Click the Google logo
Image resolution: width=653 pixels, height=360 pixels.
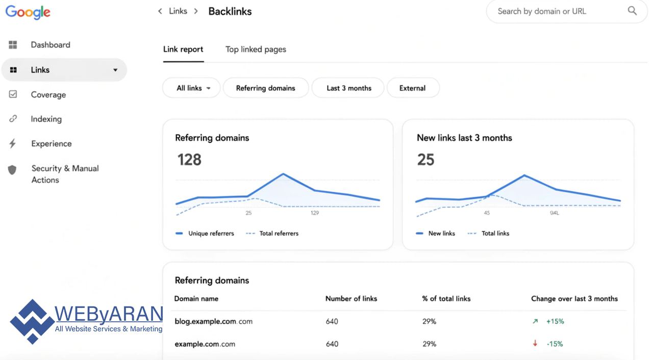pos(28,12)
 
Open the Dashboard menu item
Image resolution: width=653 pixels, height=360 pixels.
pos(51,45)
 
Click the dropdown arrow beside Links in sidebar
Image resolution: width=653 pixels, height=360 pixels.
pos(115,70)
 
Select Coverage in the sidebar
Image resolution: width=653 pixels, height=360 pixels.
pos(48,95)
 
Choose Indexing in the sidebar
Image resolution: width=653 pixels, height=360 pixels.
pos(46,119)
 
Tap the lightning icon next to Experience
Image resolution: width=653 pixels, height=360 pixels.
pos(13,144)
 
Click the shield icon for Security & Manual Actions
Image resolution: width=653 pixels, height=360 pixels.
pos(13,170)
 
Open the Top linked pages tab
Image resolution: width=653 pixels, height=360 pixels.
pos(256,49)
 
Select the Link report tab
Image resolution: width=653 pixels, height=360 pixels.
pos(183,49)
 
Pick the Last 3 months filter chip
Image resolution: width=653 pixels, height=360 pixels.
pos(349,88)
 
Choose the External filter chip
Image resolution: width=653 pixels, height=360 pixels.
pos(413,88)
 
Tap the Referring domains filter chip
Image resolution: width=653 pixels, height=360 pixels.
pos(266,88)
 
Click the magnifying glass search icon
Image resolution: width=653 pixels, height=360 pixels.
pos(632,11)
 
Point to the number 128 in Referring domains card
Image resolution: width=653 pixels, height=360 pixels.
pos(189,160)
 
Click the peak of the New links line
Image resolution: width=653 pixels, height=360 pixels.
pos(524,175)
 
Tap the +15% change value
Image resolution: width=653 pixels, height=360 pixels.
pos(555,322)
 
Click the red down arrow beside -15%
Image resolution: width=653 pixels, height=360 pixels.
pos(535,344)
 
